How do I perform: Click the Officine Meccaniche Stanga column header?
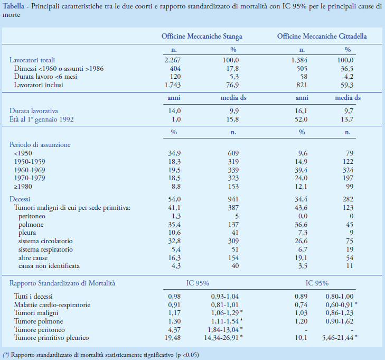[202, 36]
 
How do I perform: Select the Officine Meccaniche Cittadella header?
[322, 36]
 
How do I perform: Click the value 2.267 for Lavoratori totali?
[173, 60]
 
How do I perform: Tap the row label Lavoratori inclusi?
[39, 85]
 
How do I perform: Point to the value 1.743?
[173, 85]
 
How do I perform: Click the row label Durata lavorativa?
[33, 111]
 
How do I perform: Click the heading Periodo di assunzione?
[40, 144]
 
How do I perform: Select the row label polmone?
[32, 224]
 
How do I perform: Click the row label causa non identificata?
[48, 266]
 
